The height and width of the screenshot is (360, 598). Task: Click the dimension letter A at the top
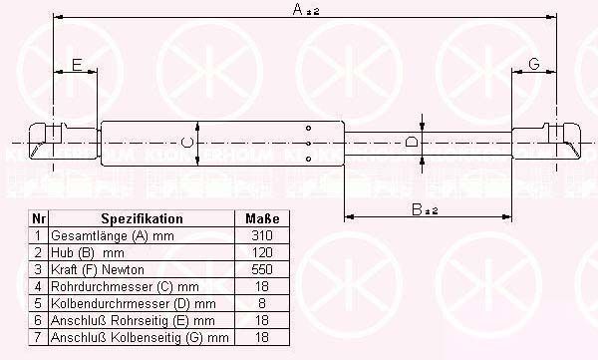(298, 9)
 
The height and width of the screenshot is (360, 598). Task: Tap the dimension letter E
(77, 65)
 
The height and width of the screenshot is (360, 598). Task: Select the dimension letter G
(534, 64)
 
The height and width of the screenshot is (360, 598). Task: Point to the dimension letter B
(418, 209)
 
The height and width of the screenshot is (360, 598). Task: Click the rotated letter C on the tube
(187, 143)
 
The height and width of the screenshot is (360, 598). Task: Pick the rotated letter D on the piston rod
(411, 143)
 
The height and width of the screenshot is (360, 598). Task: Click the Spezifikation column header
(142, 218)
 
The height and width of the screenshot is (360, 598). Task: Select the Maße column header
(262, 218)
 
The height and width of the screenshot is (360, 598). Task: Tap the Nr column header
(39, 218)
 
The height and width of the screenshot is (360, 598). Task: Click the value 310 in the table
(262, 235)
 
